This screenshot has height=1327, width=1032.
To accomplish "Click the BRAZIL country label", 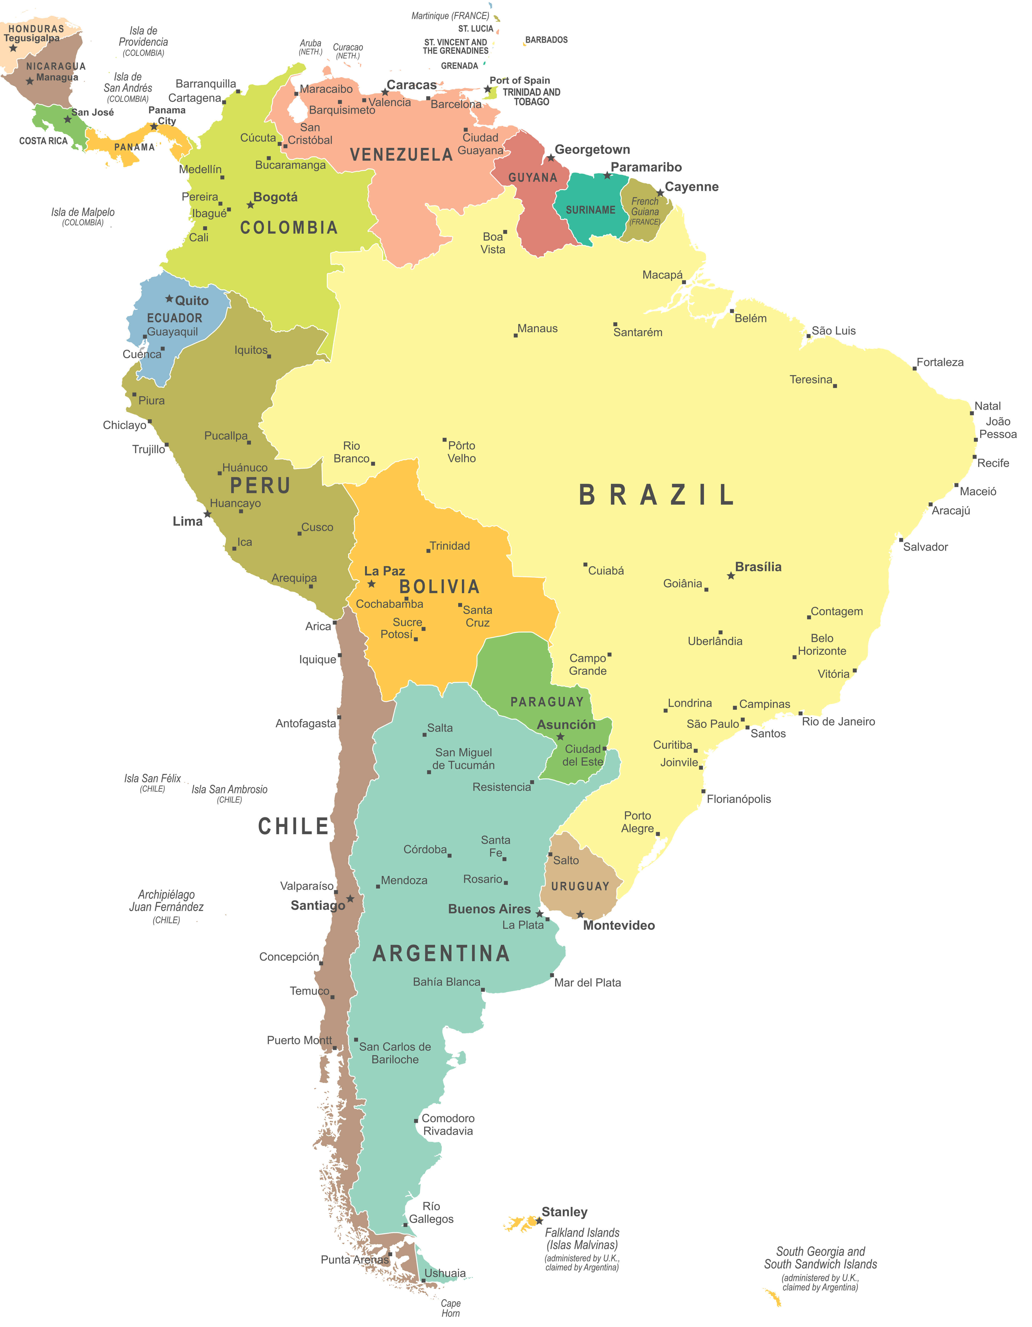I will [x=656, y=495].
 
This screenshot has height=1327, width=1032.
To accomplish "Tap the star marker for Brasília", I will [x=731, y=575].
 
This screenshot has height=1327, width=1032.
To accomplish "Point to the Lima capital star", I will [x=207, y=514].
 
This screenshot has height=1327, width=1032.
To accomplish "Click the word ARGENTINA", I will [x=441, y=954].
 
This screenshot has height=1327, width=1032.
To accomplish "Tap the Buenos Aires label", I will [x=489, y=909].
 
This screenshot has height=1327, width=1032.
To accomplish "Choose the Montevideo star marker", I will [x=580, y=915].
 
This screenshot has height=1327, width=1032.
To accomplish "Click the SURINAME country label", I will [x=590, y=210].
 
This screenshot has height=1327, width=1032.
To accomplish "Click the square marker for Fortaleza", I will [x=914, y=368].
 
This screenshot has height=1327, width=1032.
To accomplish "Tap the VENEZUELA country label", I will [x=401, y=155].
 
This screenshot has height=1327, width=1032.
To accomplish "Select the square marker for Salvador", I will [x=901, y=539].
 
